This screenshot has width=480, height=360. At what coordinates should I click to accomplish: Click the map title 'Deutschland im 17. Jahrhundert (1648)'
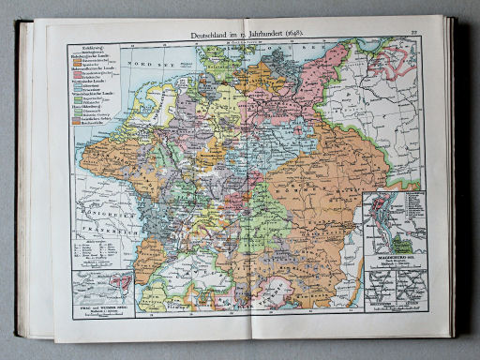[247, 36]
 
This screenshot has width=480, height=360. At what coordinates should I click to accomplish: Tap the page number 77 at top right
[413, 34]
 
